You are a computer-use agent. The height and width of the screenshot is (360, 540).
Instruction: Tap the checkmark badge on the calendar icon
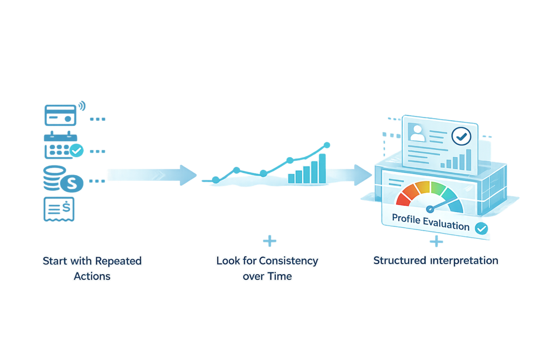coord(78,150)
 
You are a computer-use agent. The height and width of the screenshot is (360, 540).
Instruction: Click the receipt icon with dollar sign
coord(59,209)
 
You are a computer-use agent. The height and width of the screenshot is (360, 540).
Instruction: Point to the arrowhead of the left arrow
coord(188,174)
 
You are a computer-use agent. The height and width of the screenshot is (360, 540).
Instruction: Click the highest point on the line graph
coord(326,144)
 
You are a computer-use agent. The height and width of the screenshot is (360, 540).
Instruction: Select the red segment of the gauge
coord(404,198)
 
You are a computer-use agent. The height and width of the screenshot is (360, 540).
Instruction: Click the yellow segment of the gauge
coord(425,188)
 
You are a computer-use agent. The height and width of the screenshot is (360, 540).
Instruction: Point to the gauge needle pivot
coord(428,208)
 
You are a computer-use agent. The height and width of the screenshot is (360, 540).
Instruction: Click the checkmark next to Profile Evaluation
coord(480,228)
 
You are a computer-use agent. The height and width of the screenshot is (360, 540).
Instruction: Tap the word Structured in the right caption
coord(395,260)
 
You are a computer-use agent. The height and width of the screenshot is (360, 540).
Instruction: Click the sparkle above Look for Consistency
coord(269,241)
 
